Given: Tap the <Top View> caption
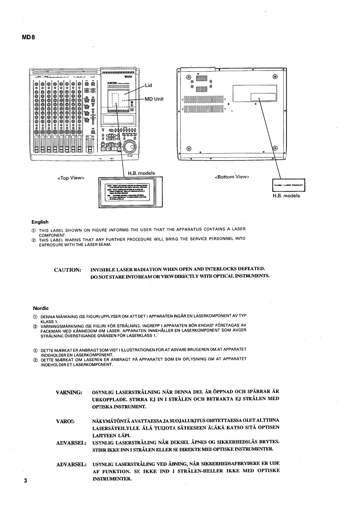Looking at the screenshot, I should point(69,177).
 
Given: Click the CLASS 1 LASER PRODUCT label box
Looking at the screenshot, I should point(289,185).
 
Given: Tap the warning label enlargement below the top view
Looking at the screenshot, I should point(128,192).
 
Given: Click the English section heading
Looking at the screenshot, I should point(40,222).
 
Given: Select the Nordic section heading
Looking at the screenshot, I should point(39,308).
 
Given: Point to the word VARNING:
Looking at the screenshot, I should point(69,391).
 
